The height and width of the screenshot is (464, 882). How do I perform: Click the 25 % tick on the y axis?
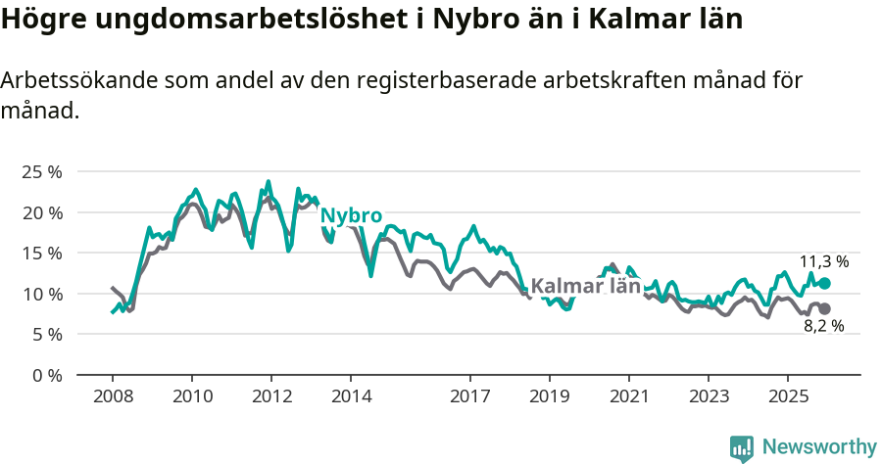pyautogui.click(x=41, y=171)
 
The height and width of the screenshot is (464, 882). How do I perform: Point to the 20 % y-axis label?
pyautogui.click(x=41, y=212)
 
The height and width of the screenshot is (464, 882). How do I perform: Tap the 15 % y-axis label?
pyautogui.click(x=41, y=253)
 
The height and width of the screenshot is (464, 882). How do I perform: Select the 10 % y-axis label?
pyautogui.click(x=41, y=294)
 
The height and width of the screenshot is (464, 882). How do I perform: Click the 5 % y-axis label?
pyautogui.click(x=46, y=334)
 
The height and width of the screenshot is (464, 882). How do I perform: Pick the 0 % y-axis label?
pyautogui.click(x=46, y=375)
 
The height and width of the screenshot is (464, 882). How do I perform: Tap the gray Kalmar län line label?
pyautogui.click(x=585, y=286)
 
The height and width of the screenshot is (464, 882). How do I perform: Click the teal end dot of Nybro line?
pyautogui.click(x=824, y=283)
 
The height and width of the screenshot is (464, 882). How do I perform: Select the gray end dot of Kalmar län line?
pyautogui.click(x=824, y=308)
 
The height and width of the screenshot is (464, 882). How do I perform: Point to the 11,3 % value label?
pyautogui.click(x=824, y=261)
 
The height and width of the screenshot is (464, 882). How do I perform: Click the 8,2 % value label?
pyautogui.click(x=823, y=326)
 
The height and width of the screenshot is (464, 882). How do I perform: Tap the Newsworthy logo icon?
pyautogui.click(x=742, y=447)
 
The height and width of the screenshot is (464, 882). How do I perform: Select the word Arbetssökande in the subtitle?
pyautogui.click(x=71, y=81)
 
